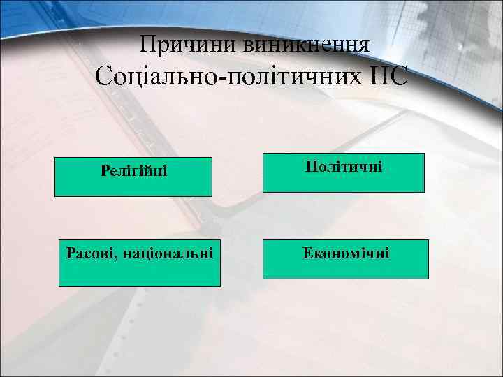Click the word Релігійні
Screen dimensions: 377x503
pos(134,170)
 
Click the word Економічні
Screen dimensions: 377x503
pos(346,251)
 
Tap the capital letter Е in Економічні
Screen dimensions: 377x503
pos(307,251)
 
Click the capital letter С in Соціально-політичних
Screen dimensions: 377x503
pos(105,75)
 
